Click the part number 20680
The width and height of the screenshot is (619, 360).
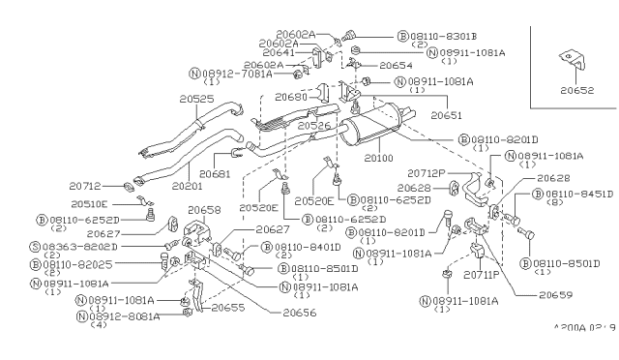tap(291, 98)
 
